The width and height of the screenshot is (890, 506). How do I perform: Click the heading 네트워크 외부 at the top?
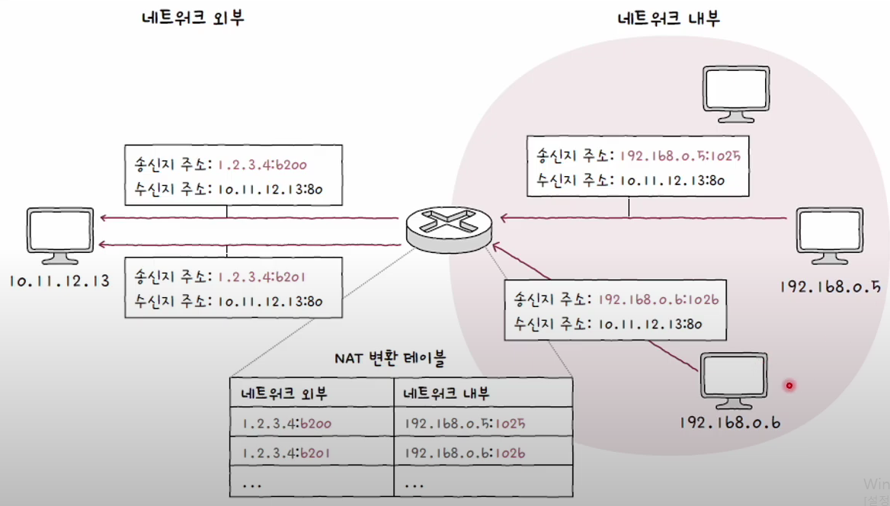click(x=192, y=18)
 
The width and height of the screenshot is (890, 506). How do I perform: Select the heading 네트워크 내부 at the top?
click(x=668, y=18)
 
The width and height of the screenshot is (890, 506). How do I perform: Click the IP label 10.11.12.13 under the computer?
click(x=59, y=280)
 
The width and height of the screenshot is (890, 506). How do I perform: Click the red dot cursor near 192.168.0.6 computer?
click(x=789, y=386)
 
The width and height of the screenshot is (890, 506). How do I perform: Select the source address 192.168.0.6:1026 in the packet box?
click(x=658, y=299)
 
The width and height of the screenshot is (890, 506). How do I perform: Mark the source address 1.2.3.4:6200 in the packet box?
click(x=263, y=164)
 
